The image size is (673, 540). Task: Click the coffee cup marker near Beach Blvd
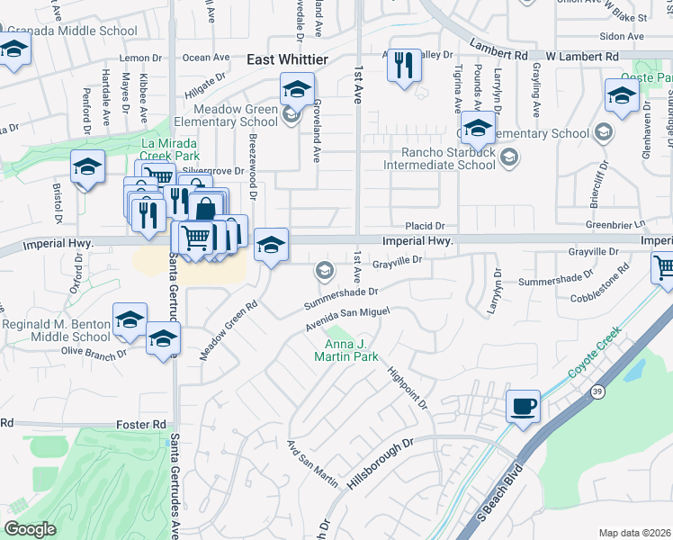[x=523, y=407]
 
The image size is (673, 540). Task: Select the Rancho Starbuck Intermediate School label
[x=441, y=158]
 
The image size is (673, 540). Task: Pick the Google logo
[x=30, y=529]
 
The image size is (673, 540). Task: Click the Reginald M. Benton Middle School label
[x=56, y=330]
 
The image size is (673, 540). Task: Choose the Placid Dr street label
[x=425, y=226]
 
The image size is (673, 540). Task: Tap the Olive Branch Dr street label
[x=94, y=354]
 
